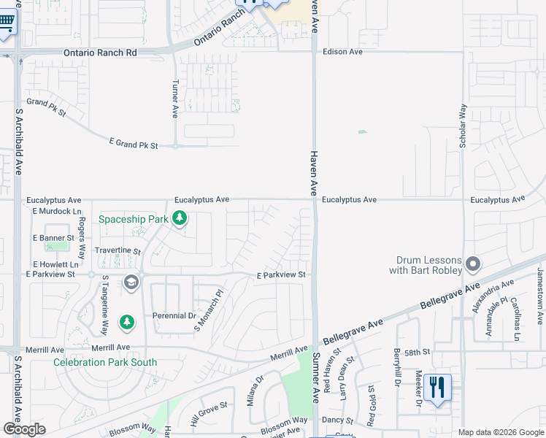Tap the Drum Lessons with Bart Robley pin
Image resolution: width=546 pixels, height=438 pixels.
(x=473, y=264)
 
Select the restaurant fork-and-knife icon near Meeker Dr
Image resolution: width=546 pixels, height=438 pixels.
(x=437, y=387)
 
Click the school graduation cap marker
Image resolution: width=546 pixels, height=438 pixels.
(x=131, y=283)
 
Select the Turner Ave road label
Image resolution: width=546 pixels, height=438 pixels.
(x=175, y=99)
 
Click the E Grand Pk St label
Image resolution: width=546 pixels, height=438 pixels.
(x=133, y=145)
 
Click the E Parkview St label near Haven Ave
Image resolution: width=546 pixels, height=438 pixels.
(x=280, y=275)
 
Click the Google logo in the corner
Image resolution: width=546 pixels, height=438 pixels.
(x=24, y=429)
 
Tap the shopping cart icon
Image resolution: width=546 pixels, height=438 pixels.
(x=7, y=27)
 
